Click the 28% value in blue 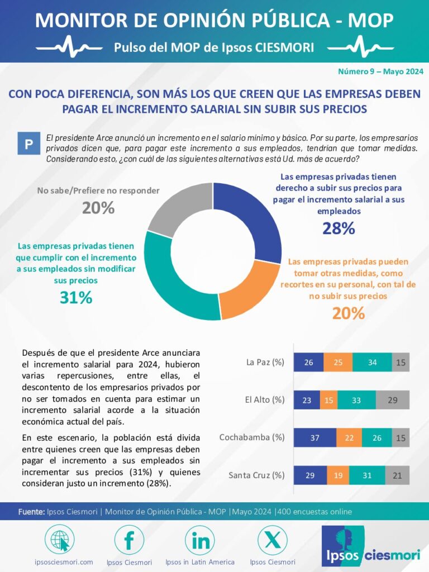coord(339,228)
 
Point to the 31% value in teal coord(76,298)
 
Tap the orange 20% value coord(349,313)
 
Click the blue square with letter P coord(29,144)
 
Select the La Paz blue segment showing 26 coord(308,362)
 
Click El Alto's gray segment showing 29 coord(393,400)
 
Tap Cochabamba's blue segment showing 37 coord(315,437)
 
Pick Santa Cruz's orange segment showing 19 coord(338,475)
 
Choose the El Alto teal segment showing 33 coord(356,400)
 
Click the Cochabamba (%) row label coord(252,437)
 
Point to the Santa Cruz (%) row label coord(256,475)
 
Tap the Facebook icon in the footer coord(129,540)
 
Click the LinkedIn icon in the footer coord(200,540)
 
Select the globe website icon coord(59,540)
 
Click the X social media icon coord(273,540)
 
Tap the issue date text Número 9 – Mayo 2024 coord(380,71)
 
